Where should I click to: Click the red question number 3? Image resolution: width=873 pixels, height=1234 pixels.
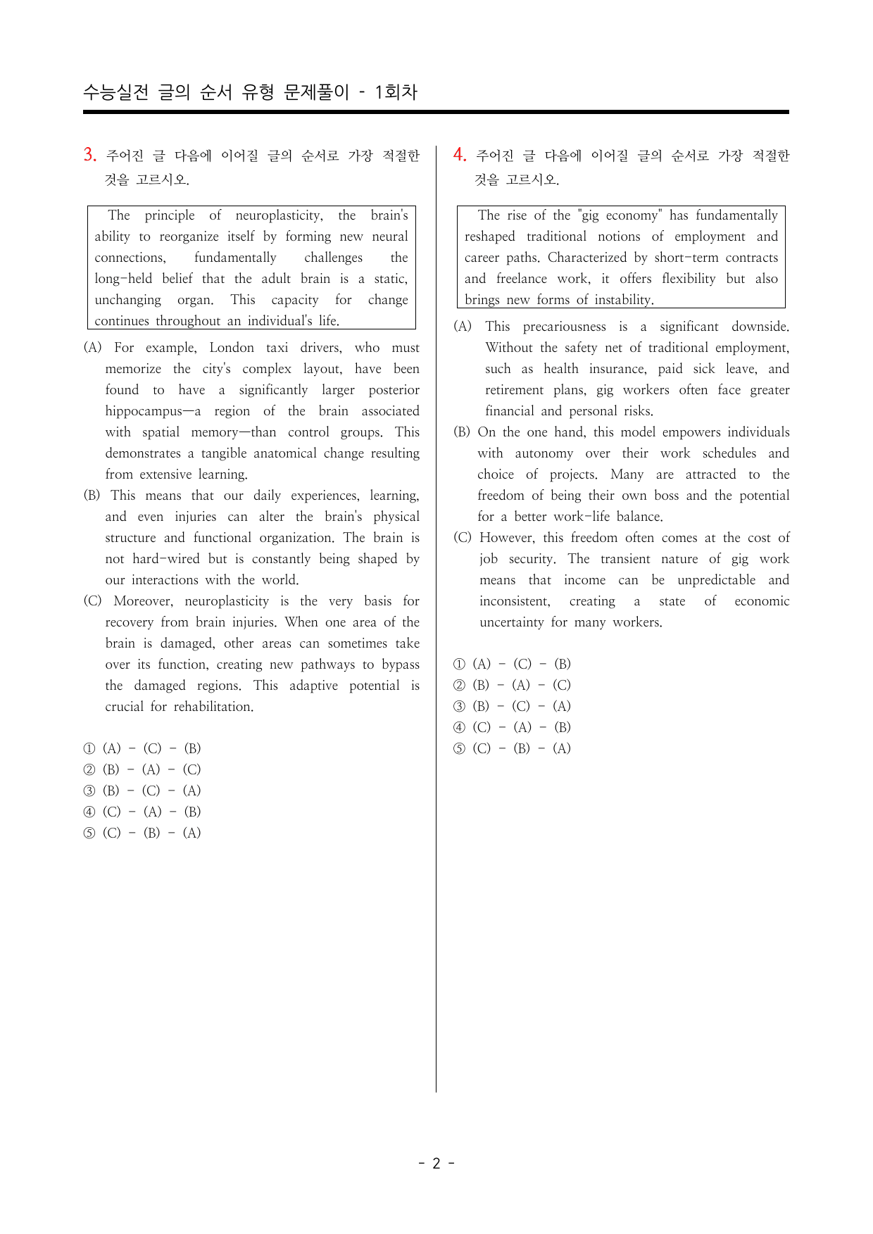tap(89, 155)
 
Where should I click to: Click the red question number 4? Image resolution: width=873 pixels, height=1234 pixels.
tap(459, 155)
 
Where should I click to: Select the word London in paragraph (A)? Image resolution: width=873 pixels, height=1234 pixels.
tap(232, 348)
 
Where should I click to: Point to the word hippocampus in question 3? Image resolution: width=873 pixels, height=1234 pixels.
tap(149, 411)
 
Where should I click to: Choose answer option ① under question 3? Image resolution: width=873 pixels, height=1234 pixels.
tap(89, 748)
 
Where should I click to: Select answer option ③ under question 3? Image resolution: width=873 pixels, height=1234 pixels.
tap(89, 791)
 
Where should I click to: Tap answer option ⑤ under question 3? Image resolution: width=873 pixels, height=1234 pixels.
tap(89, 833)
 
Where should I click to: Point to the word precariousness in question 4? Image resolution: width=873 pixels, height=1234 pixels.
tap(564, 327)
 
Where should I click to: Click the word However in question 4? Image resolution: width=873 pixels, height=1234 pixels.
tap(508, 538)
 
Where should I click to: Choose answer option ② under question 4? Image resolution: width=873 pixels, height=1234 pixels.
tap(459, 685)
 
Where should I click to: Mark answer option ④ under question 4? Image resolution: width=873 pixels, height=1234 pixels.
tap(459, 727)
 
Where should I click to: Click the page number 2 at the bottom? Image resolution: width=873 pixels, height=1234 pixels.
tap(436, 1163)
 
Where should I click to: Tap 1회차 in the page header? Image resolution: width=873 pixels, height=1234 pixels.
tap(396, 92)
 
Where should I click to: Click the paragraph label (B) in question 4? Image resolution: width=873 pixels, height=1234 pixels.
tap(463, 432)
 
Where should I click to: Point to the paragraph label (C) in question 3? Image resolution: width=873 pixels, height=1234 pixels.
tap(92, 601)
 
